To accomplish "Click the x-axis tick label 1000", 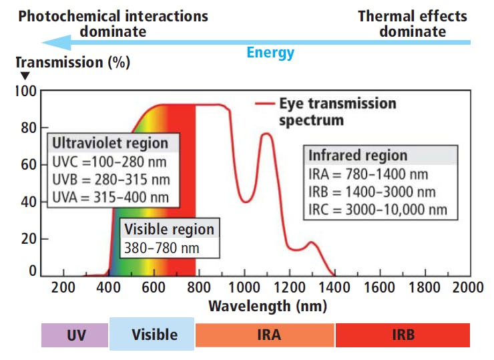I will pos(244,289).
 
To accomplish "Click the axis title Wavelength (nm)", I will pos(267,307).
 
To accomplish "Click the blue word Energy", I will pos(270,53).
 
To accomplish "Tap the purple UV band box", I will pos(75,335).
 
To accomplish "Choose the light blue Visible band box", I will pos(152,334).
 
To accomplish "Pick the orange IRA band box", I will pos(264,335).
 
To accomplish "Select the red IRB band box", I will pos(403,335).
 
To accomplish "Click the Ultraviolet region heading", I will pos(110,144).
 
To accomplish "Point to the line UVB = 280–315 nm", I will pos(110,180).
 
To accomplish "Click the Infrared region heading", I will pos(357,156).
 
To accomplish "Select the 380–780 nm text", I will pos(162,249).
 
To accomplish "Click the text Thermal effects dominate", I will pos(413,23).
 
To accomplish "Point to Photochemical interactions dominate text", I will pos(113,23).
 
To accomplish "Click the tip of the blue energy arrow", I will pos(43,43).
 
